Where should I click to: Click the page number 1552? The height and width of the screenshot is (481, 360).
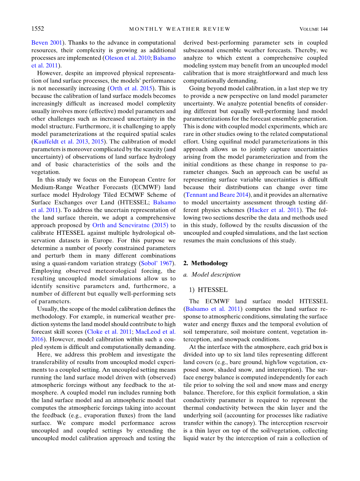[x=38, y=29]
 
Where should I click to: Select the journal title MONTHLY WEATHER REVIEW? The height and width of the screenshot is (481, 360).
[x=180, y=29]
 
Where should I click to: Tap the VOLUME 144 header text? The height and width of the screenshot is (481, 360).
[x=313, y=29]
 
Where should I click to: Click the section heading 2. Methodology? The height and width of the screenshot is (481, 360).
[x=206, y=263]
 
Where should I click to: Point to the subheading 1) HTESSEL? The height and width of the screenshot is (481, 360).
[x=208, y=290]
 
